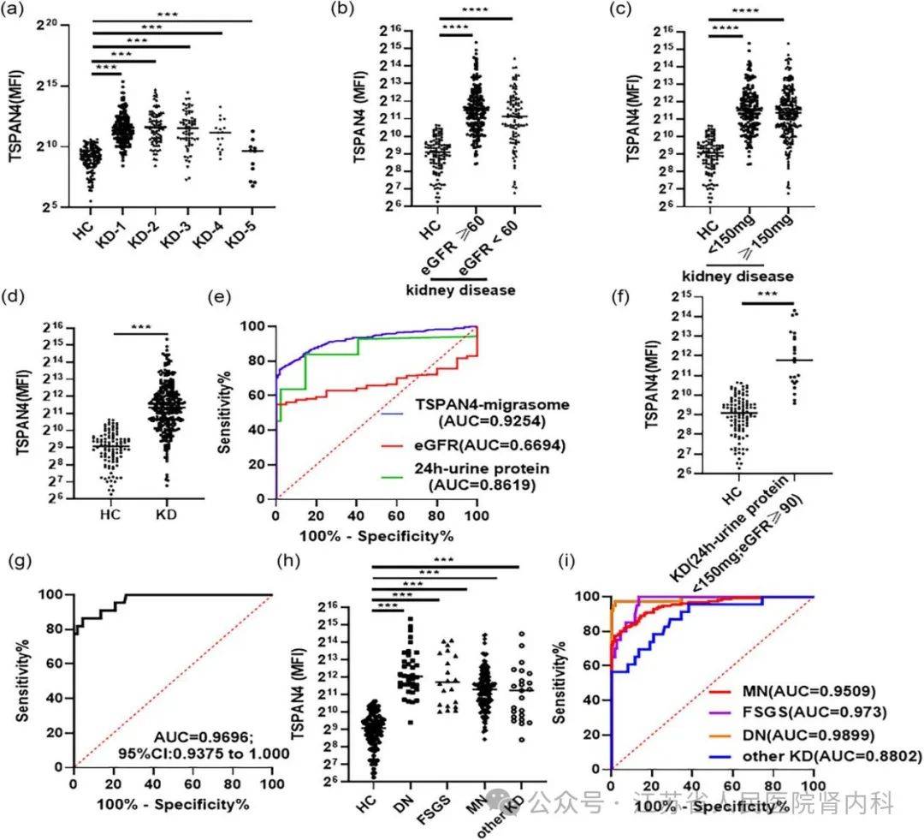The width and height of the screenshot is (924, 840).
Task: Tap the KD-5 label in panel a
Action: (243, 236)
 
